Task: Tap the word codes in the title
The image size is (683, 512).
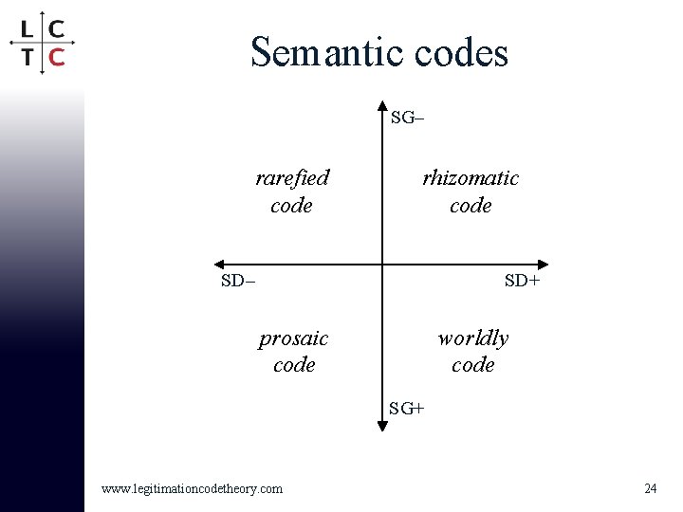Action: pos(461,53)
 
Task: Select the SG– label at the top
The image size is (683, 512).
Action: pos(408,119)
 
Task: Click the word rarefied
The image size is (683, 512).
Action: pos(292,177)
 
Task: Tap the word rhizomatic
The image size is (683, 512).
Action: pos(471,177)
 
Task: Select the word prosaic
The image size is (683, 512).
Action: pos(293,338)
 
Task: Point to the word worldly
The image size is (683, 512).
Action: pos(472,338)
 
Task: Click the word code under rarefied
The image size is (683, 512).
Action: pos(291,205)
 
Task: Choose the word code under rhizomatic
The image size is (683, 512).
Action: pos(471,205)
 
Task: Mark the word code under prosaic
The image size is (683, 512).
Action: pos(293,365)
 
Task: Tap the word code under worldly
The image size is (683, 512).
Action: pos(472,365)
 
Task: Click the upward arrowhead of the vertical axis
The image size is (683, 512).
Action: pos(381,105)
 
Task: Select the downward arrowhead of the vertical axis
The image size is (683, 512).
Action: pos(381,425)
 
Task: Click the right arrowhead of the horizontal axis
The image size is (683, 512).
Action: pos(543,265)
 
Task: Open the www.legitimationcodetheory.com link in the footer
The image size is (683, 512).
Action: pos(192,488)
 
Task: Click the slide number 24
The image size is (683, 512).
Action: pos(650,488)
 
